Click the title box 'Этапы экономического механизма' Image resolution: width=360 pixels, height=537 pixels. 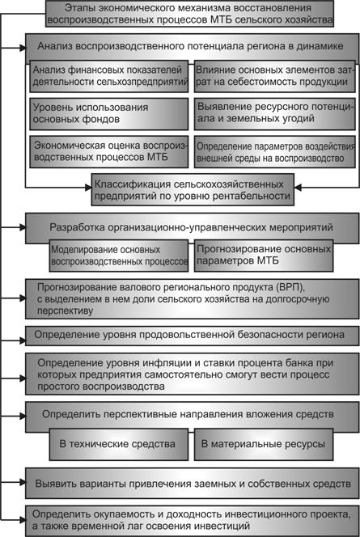point(189,14)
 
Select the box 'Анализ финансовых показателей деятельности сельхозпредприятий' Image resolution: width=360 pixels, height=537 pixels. point(109,76)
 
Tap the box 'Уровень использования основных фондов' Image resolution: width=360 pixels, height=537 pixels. point(109,114)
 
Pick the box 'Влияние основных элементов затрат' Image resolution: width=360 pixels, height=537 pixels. point(275,76)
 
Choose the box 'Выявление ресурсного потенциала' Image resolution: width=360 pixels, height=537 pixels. point(275,114)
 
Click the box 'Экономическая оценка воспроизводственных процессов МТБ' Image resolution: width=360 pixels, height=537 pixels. point(109,152)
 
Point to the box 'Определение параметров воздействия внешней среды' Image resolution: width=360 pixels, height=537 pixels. point(275,152)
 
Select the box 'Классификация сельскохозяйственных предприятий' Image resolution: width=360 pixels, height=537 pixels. point(193,190)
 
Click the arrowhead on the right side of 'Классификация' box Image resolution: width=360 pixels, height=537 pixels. point(298,188)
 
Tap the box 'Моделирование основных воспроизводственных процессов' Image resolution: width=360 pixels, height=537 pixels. point(119,256)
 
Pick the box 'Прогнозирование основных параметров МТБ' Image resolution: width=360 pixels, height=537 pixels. point(264,256)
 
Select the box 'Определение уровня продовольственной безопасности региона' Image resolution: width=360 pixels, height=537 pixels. point(193,336)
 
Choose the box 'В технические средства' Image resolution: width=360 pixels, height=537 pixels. point(119,444)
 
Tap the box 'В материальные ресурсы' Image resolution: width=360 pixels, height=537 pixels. point(264,444)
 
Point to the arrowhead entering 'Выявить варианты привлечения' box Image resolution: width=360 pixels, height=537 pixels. point(23,482)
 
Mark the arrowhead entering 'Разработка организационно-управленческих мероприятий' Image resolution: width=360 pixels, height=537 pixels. point(23,226)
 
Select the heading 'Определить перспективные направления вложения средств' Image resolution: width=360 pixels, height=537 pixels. point(188,414)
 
